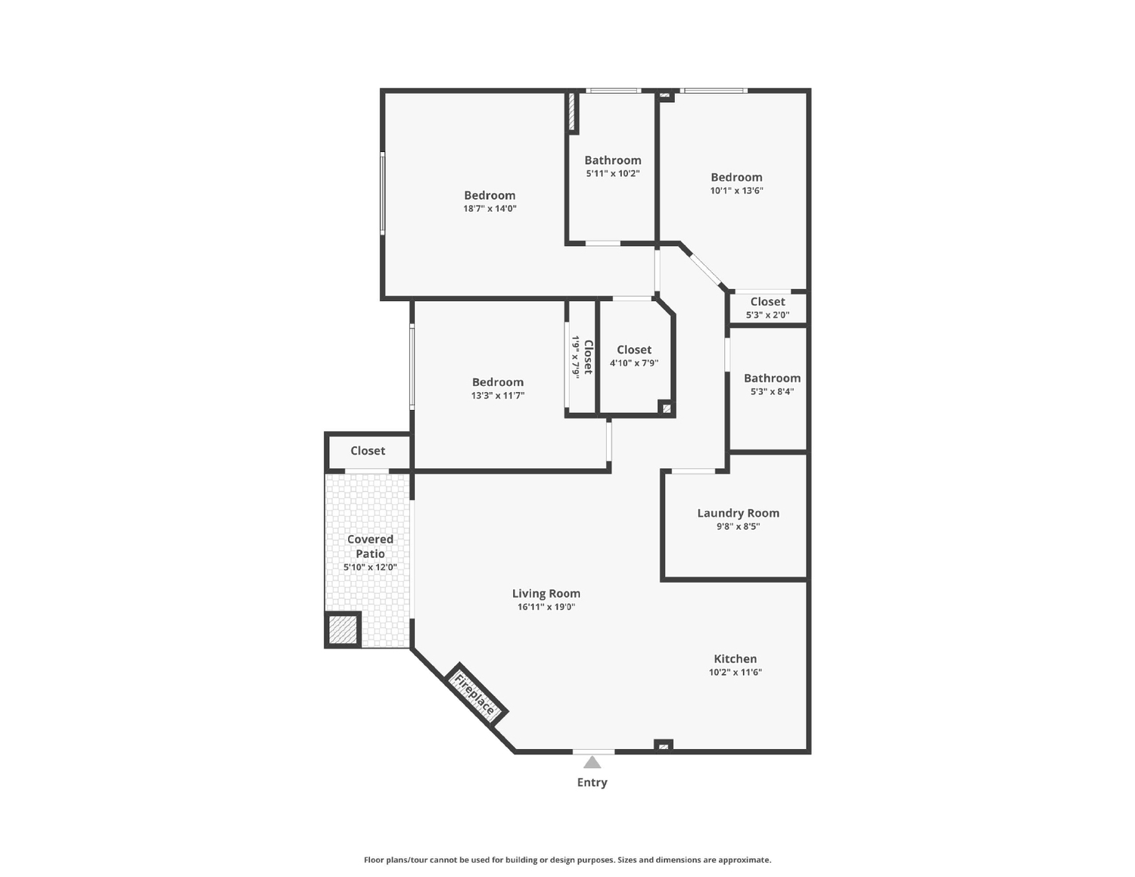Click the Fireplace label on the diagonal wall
[x=474, y=695]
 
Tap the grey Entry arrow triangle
[x=592, y=763]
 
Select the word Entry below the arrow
[x=592, y=782]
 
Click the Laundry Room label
[x=738, y=513]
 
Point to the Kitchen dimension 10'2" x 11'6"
[x=735, y=672]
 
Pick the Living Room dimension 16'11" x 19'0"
[x=546, y=607]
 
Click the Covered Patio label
[x=370, y=546]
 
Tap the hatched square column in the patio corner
[x=344, y=630]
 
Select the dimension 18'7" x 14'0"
[x=490, y=208]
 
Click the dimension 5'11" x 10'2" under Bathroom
[x=613, y=173]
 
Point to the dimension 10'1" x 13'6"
[x=736, y=191]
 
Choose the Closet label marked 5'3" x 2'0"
[x=767, y=301]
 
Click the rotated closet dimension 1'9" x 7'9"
[x=576, y=358]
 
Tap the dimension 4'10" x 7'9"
[x=634, y=363]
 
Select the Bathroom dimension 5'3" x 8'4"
[x=772, y=392]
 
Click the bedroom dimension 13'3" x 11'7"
[x=498, y=396]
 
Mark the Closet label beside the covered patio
[x=368, y=451]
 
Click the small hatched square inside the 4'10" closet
[x=666, y=409]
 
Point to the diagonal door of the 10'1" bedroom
[x=705, y=271]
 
